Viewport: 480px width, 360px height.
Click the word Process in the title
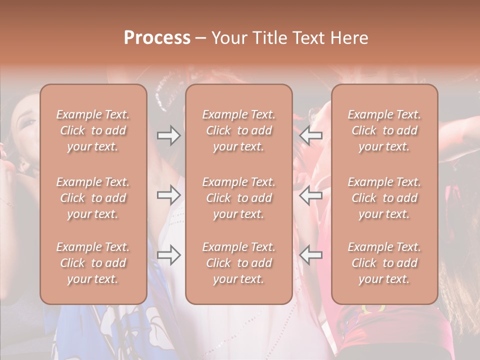tap(157, 38)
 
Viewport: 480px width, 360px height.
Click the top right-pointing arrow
tap(169, 135)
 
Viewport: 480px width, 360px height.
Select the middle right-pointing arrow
tap(169, 195)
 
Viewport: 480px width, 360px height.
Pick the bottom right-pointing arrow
tap(169, 255)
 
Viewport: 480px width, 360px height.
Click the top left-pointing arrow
tap(311, 135)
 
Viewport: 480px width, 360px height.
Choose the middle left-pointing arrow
tap(311, 195)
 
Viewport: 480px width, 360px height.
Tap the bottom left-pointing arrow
tap(311, 255)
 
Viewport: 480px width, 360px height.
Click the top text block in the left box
tap(93, 130)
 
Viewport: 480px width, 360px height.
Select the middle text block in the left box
tap(93, 198)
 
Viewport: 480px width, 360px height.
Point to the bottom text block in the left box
tap(93, 263)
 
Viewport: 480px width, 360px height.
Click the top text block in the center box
tap(239, 130)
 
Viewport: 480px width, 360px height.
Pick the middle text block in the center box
tap(239, 198)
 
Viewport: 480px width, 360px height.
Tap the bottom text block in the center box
tap(239, 263)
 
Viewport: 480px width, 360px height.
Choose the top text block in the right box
tap(384, 130)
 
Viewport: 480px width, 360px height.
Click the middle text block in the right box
tap(384, 198)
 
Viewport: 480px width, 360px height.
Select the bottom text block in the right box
tap(384, 263)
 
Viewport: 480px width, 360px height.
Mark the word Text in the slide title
tap(307, 38)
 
